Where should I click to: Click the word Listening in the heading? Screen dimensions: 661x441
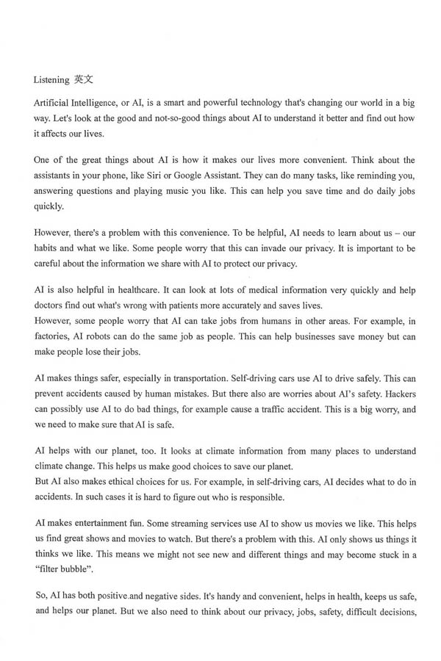(x=51, y=79)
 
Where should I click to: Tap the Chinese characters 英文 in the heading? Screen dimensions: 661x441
(x=84, y=79)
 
